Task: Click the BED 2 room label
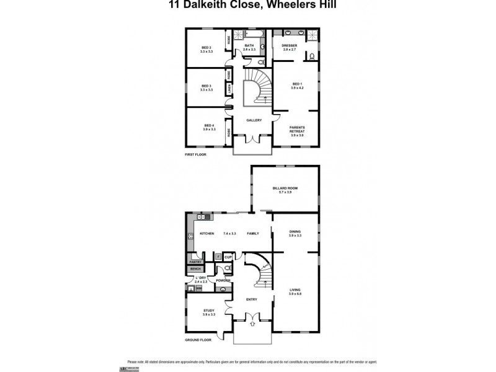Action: (206, 48)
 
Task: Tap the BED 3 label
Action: (206, 86)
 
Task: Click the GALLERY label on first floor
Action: (254, 120)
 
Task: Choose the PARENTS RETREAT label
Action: (297, 129)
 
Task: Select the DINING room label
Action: (294, 232)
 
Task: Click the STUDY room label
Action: (208, 311)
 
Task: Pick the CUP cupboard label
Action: (228, 256)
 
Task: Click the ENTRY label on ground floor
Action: (251, 299)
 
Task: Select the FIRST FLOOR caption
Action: (195, 154)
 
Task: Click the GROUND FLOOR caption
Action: (198, 340)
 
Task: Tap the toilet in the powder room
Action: (228, 269)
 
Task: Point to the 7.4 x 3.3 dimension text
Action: (230, 234)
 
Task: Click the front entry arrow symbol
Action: (252, 323)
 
